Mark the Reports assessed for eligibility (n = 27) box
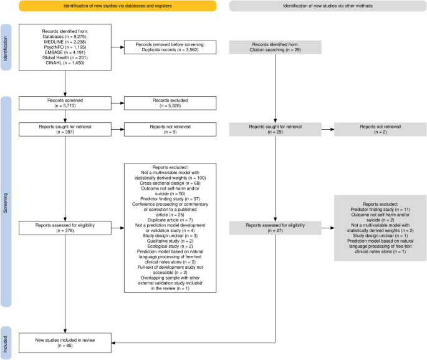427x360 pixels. pyautogui.click(x=276, y=226)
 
